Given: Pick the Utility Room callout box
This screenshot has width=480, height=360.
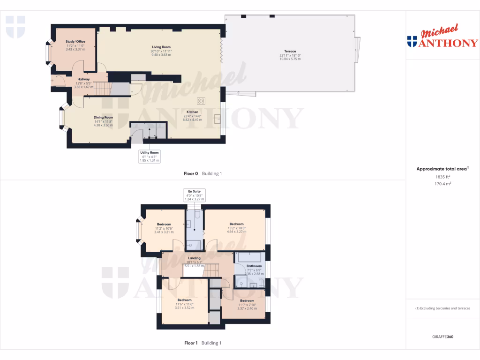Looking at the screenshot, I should click(x=150, y=156).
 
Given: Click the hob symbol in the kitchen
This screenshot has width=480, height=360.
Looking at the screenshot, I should click(x=202, y=101).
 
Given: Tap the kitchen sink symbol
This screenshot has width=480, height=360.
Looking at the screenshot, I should click(x=217, y=119).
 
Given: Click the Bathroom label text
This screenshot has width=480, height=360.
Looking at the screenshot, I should click(x=254, y=266).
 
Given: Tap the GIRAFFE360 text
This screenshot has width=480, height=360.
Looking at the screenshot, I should click(x=442, y=337).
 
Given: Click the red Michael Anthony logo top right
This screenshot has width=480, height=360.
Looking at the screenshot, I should click(x=442, y=37).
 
